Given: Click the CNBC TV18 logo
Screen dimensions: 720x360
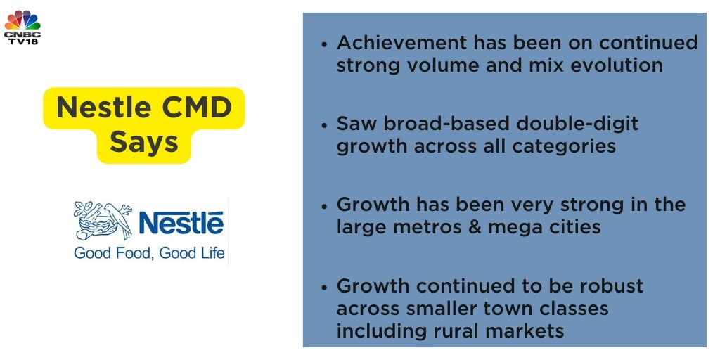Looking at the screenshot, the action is [22, 27].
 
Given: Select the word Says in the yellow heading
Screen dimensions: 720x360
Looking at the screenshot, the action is [143, 142].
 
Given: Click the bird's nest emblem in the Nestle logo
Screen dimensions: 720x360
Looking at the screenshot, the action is [103, 220].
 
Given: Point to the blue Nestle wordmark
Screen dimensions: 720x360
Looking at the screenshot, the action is [181, 222].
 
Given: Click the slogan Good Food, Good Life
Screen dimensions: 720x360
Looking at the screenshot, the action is [149, 252].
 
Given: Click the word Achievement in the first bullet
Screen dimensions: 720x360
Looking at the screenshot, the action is [401, 43].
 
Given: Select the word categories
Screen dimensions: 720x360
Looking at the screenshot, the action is [564, 147].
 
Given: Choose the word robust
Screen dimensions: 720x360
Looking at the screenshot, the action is [611, 286].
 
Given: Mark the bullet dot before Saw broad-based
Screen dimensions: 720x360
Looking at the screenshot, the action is [325, 125].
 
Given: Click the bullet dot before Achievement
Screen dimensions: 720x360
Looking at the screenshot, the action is [325, 44].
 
